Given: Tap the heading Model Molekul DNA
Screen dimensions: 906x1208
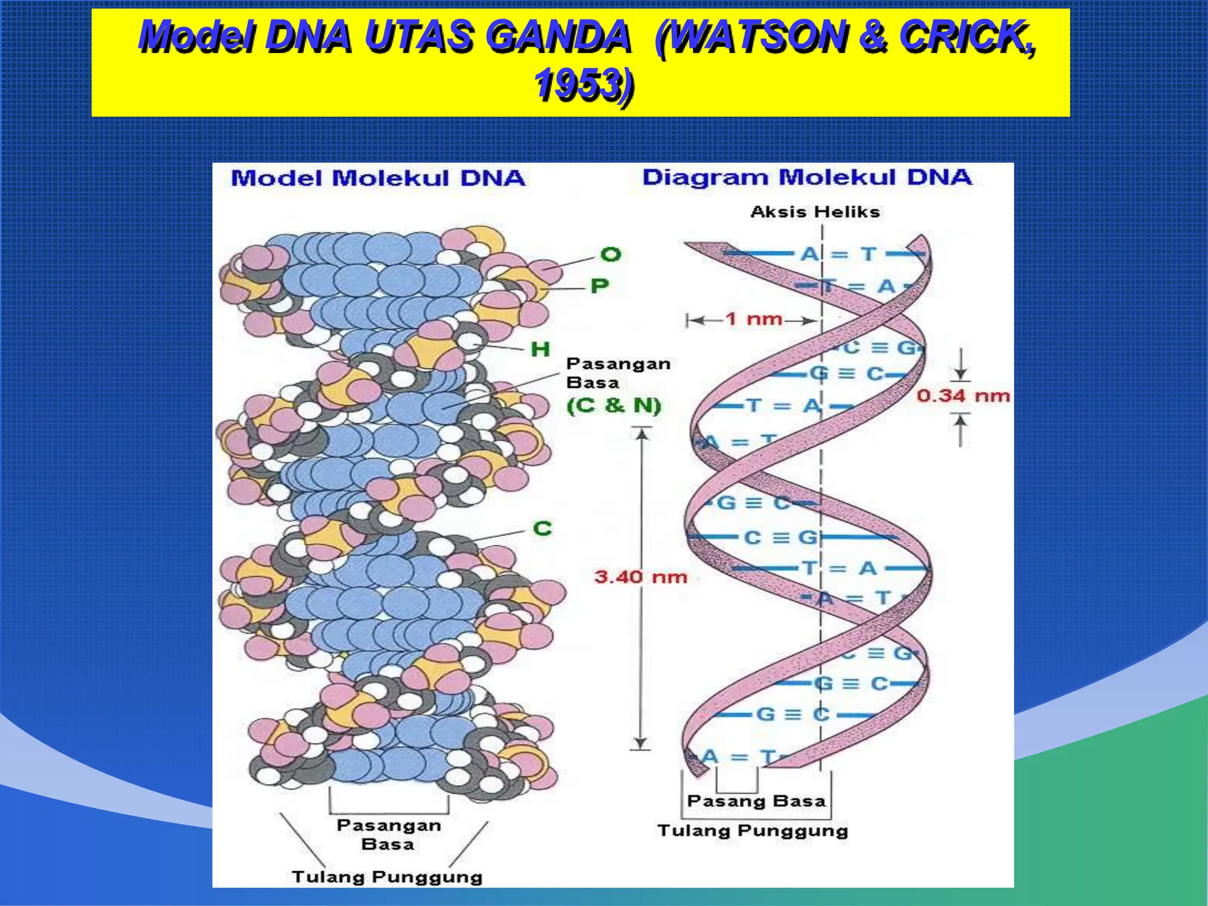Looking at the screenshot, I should [377, 178].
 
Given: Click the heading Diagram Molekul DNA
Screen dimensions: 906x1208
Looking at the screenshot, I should [806, 177].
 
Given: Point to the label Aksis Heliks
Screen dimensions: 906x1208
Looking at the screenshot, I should [815, 212].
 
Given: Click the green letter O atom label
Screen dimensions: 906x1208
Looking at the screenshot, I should [610, 254].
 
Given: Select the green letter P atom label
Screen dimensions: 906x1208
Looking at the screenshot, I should [599, 286].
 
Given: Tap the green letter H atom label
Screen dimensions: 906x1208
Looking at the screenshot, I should [540, 349].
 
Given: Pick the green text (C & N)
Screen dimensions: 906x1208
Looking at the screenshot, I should [614, 405].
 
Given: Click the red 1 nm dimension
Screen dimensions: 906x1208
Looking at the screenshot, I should [753, 319].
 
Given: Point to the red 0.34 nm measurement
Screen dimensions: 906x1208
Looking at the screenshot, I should [963, 395].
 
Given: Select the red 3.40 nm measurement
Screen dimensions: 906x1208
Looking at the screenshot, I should [641, 576].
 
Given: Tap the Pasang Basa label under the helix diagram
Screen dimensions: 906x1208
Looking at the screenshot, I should [756, 801].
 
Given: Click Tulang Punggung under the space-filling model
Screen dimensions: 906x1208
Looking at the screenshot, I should [387, 877].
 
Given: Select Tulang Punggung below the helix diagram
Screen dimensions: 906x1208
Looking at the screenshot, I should [753, 830].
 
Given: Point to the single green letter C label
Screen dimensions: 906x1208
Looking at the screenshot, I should [542, 528].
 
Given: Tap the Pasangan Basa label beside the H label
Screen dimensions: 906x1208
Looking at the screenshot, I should [618, 373].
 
